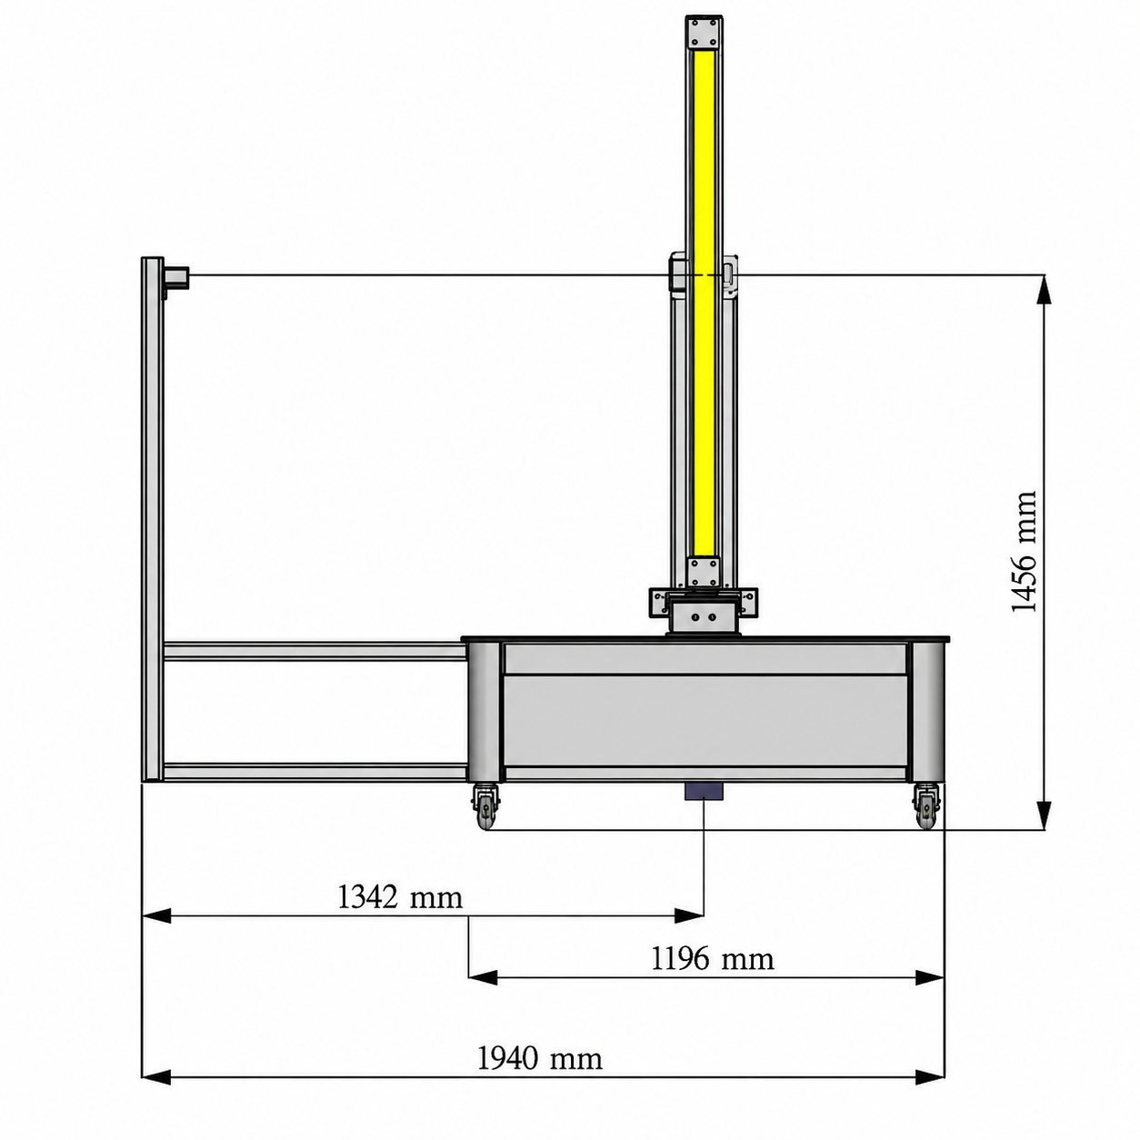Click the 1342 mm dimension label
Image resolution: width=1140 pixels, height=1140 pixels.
tap(399, 897)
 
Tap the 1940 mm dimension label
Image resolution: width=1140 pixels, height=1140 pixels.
tap(539, 1059)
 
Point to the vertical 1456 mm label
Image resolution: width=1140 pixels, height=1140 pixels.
tap(1024, 552)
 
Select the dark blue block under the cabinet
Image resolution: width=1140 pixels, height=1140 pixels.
tap(704, 792)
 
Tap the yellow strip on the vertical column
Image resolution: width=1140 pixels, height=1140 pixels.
tap(704, 303)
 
